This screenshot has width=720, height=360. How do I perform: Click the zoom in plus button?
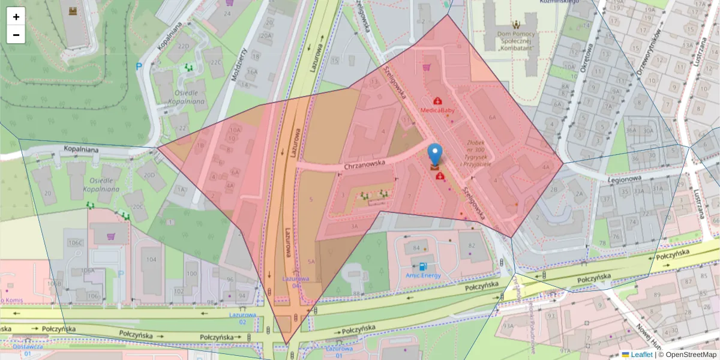pyautogui.click(x=16, y=17)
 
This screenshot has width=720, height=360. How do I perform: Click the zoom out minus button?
pyautogui.click(x=16, y=35)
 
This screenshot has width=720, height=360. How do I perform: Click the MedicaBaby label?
pyautogui.click(x=437, y=111)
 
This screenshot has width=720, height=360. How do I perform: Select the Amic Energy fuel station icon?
pyautogui.click(x=424, y=266)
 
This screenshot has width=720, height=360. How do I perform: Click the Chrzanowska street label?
pyautogui.click(x=364, y=164)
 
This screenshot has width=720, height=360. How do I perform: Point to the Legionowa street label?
pyautogui.click(x=623, y=178)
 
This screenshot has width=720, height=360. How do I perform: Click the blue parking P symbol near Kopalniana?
pyautogui.click(x=139, y=67)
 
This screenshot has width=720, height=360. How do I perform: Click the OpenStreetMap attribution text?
pyautogui.click(x=688, y=355)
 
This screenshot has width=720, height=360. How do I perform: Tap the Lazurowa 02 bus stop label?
pyautogui.click(x=242, y=318)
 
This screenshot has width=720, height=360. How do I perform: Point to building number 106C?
pyautogui.click(x=75, y=243)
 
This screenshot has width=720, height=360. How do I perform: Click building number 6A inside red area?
pyautogui.click(x=493, y=118)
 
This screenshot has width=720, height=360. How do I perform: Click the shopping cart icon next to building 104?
pyautogui.click(x=111, y=236)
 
